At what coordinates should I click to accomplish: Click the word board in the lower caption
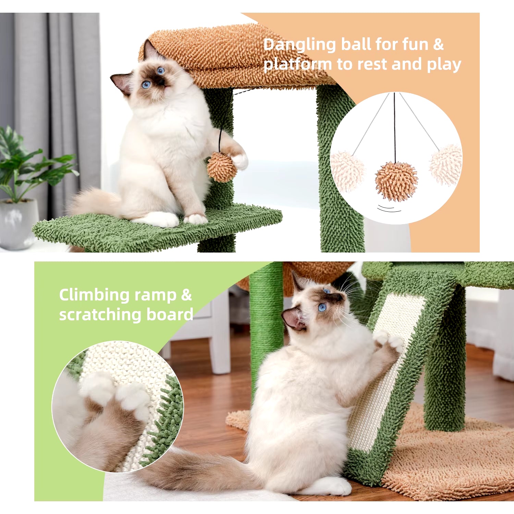coord(170,314)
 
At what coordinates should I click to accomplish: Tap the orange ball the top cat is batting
coord(222,167)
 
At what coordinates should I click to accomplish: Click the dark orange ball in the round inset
coord(396,182)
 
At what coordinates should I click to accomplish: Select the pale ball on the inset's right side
coord(446,164)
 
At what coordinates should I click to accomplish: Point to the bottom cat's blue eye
coord(322,308)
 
